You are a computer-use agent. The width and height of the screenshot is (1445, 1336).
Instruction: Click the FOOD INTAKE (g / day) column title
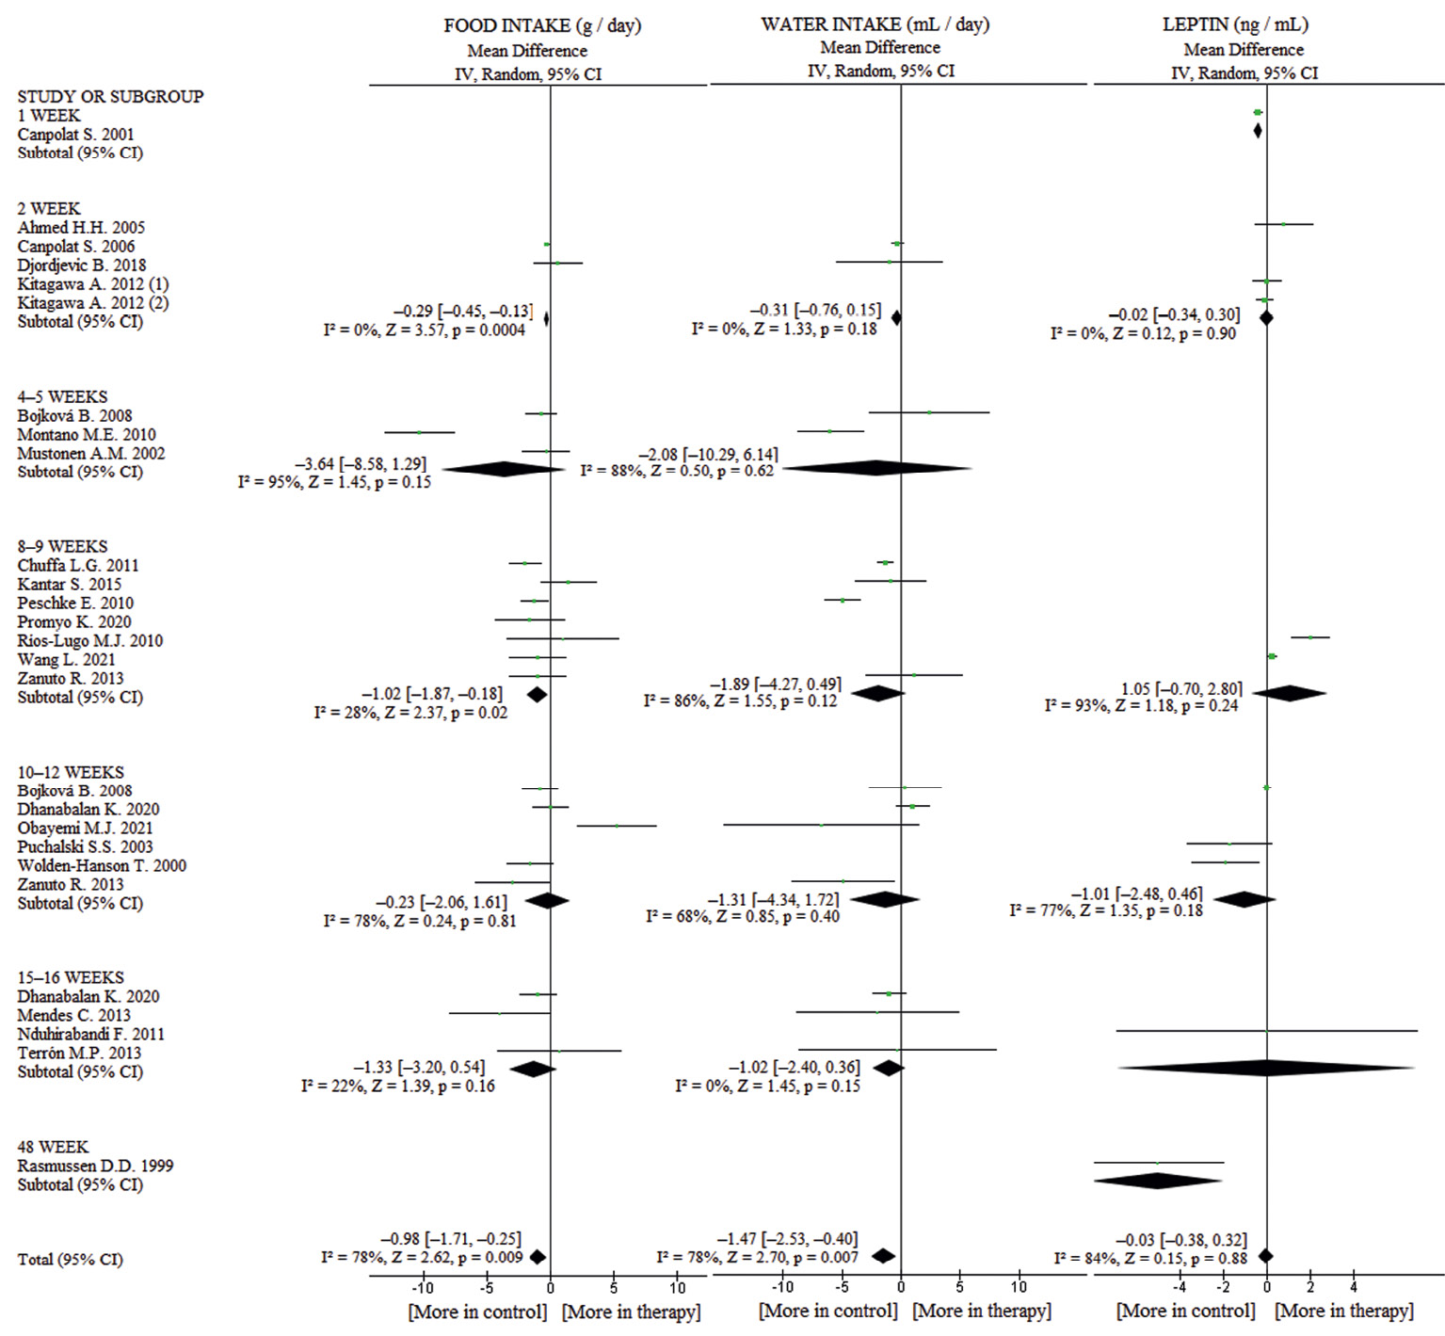tap(542, 25)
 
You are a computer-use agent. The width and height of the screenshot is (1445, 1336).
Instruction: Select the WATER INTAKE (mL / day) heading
tap(875, 24)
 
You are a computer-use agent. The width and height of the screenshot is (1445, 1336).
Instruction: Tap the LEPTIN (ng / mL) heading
tap(1235, 24)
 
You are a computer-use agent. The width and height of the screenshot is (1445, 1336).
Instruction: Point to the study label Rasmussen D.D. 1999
tap(95, 1166)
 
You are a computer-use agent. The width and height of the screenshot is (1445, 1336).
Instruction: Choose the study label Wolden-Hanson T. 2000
tap(102, 865)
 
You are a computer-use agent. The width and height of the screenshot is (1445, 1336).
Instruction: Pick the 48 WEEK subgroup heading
tap(53, 1147)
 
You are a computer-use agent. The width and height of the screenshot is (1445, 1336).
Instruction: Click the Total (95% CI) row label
tap(70, 1260)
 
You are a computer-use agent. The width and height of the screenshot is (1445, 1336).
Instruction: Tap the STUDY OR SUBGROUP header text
tap(110, 96)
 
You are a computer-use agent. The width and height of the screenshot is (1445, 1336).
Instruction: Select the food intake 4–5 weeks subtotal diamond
tap(503, 469)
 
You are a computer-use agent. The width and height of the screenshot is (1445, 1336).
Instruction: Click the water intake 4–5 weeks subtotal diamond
tap(876, 467)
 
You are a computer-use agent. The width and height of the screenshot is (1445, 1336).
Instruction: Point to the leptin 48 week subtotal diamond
tap(1158, 1181)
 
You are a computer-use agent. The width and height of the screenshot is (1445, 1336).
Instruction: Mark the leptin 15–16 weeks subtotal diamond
tap(1266, 1068)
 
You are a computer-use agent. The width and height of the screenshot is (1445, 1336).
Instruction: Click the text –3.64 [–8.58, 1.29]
tap(361, 464)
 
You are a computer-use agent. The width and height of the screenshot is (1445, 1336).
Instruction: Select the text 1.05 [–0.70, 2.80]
tap(1180, 688)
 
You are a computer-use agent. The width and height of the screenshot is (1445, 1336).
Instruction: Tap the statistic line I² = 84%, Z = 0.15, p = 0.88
tap(1150, 1258)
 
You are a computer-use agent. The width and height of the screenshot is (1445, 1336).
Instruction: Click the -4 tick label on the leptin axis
tap(1179, 1287)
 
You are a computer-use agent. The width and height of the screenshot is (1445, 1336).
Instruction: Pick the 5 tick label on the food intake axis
tap(614, 1288)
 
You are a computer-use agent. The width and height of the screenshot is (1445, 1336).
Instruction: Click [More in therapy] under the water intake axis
tap(982, 1311)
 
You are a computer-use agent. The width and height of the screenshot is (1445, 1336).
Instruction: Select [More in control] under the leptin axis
tap(1185, 1311)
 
